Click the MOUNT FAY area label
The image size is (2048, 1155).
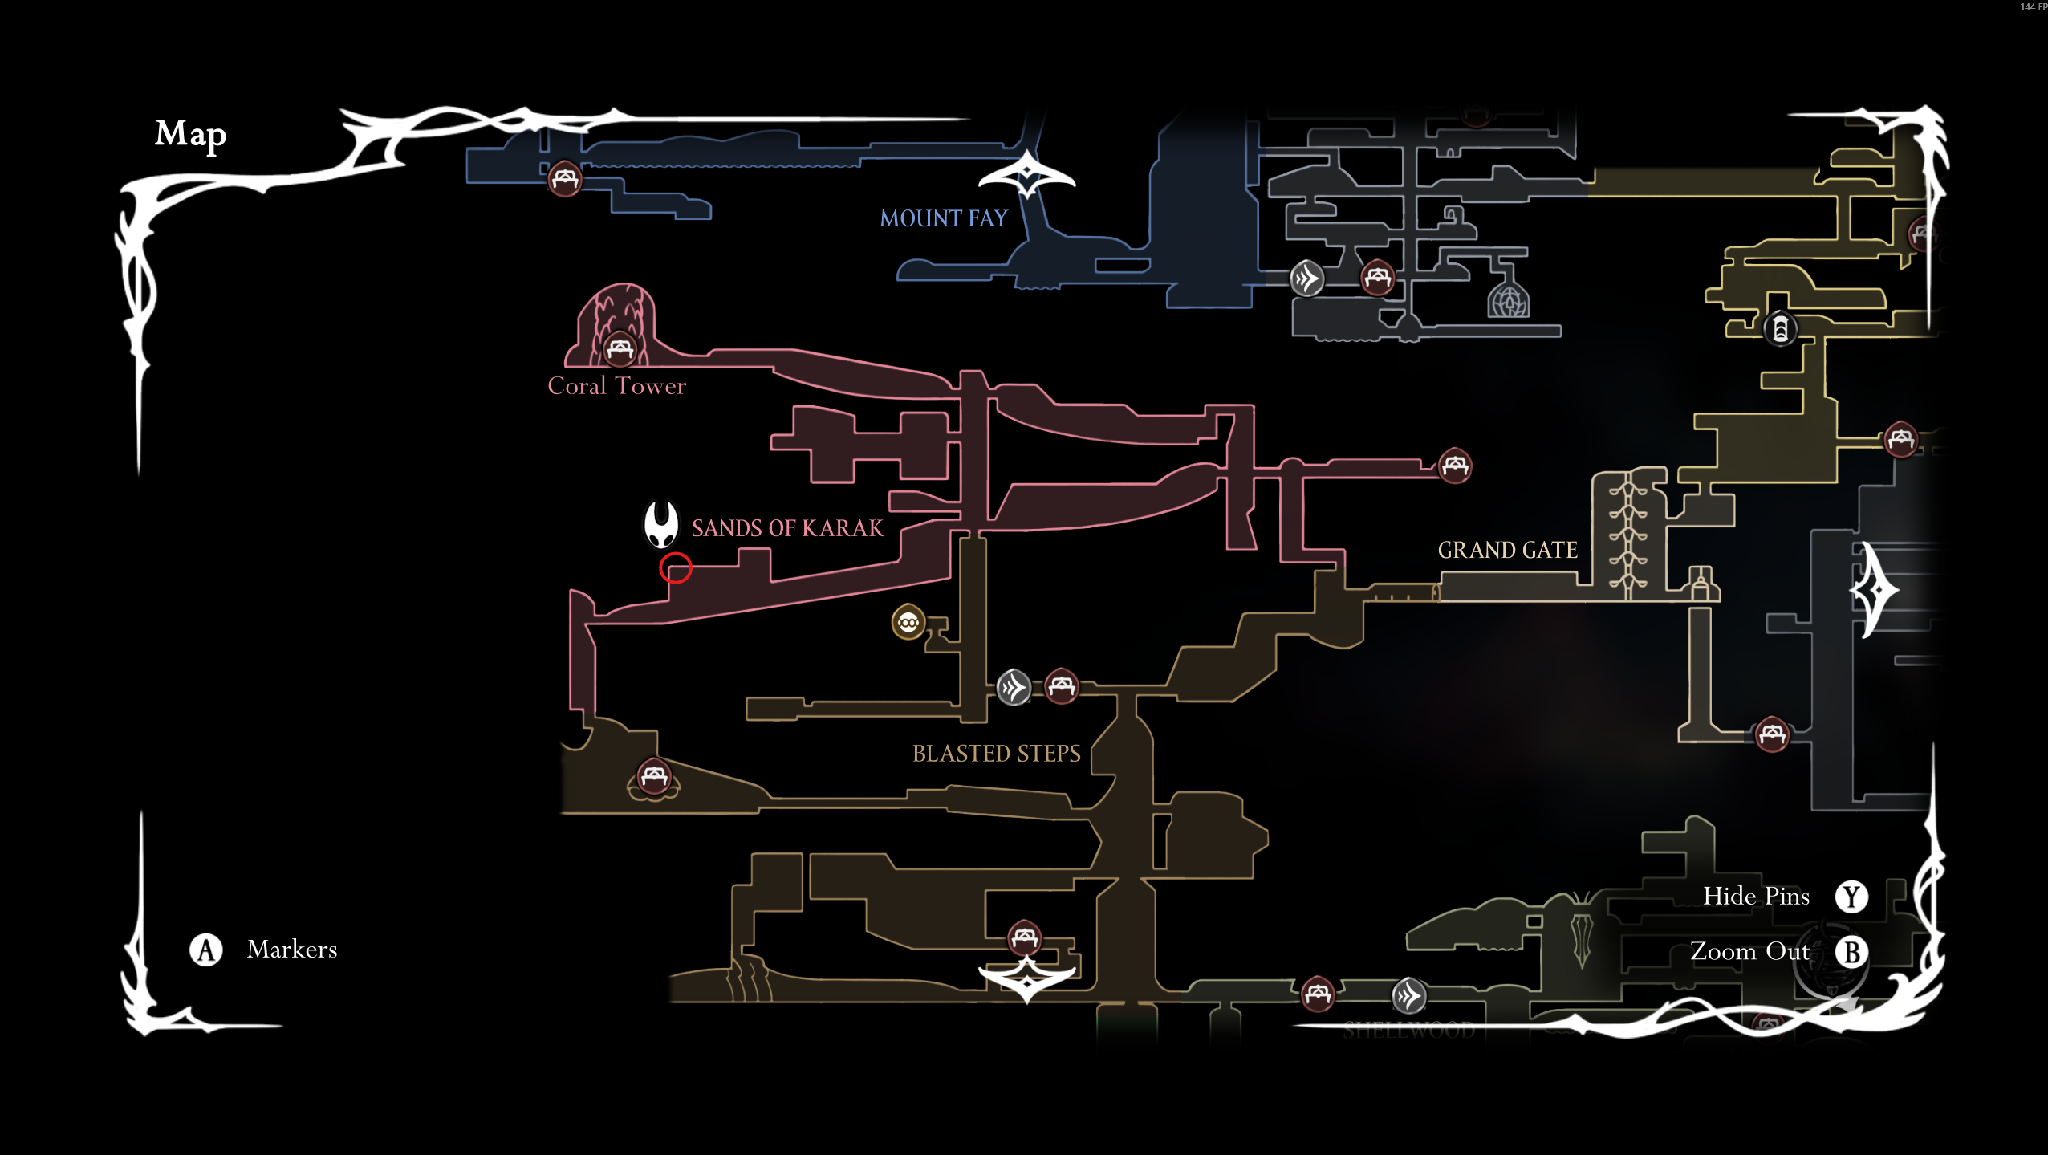[x=943, y=218]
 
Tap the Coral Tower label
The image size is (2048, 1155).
[x=616, y=386]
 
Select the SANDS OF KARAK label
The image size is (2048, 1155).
[x=786, y=528]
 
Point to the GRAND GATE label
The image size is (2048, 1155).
[x=1507, y=551]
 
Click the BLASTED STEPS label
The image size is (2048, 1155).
[x=996, y=754]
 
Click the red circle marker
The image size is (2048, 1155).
[x=676, y=568]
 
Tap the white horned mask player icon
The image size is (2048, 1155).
[x=661, y=524]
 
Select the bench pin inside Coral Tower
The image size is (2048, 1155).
[x=620, y=348]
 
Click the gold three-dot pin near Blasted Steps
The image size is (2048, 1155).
[x=908, y=622]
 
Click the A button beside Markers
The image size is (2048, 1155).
[x=206, y=950]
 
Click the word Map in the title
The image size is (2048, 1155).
[x=190, y=134]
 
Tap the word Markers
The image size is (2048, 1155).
[x=292, y=950]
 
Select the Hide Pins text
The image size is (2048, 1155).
[x=1756, y=896]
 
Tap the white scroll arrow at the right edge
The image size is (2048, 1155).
[x=1875, y=590]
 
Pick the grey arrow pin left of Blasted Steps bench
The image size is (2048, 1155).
[x=1014, y=687]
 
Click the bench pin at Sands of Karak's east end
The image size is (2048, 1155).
[x=1455, y=466]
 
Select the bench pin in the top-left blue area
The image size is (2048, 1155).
[x=565, y=178]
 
